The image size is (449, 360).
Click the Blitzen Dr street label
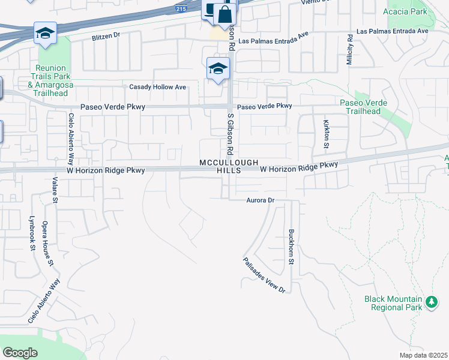click(x=106, y=36)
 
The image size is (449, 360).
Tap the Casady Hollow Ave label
click(x=158, y=87)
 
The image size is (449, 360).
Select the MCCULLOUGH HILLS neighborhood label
click(x=229, y=166)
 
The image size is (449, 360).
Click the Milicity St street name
click(x=349, y=50)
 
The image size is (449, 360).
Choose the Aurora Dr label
click(x=260, y=200)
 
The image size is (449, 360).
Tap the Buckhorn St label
click(x=291, y=246)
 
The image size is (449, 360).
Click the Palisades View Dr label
click(x=264, y=275)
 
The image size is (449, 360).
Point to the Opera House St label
click(x=47, y=244)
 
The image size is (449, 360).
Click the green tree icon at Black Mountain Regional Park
click(x=431, y=301)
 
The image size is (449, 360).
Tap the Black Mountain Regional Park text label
click(x=393, y=303)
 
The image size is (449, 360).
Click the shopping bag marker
click(x=224, y=14)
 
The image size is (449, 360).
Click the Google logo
click(x=20, y=353)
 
